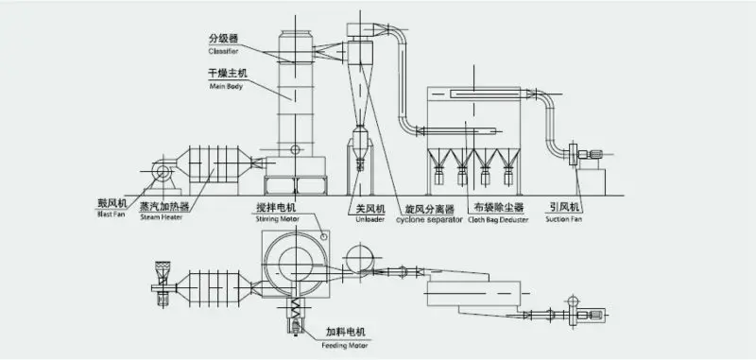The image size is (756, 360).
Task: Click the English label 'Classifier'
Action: (x=223, y=51)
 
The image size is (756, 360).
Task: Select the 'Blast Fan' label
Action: (x=111, y=214)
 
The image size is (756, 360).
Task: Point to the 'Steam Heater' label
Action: (x=160, y=216)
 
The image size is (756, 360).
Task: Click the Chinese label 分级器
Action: (x=223, y=40)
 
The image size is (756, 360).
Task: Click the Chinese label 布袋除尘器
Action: (x=498, y=207)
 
